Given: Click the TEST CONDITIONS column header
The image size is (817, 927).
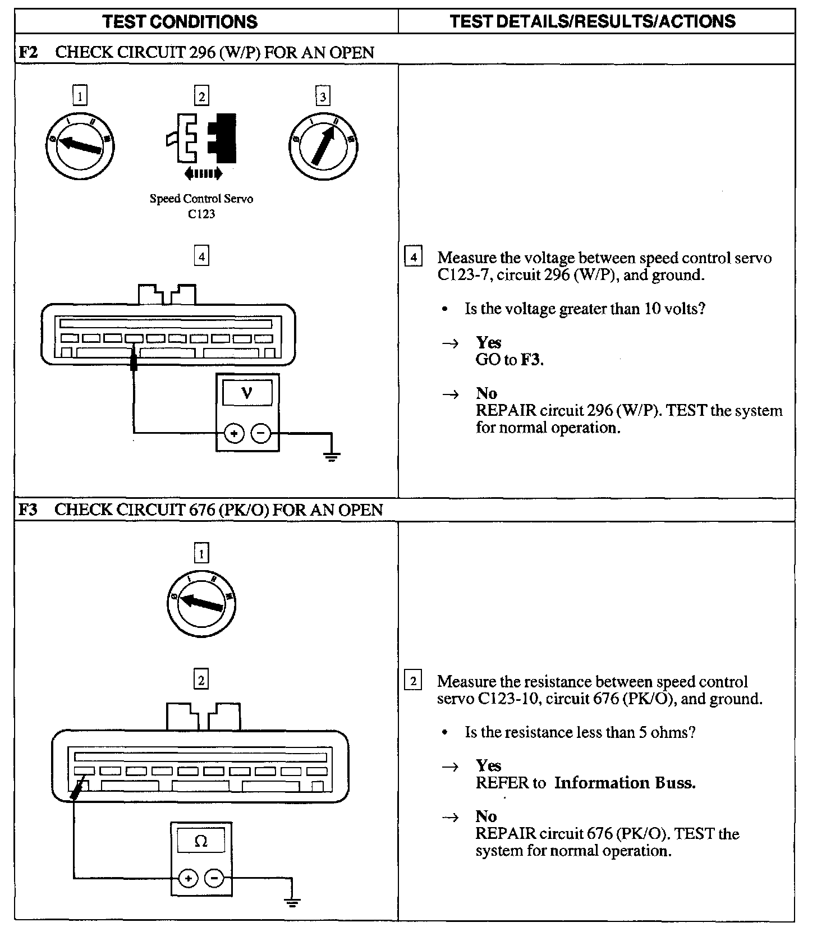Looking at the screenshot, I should [x=180, y=21].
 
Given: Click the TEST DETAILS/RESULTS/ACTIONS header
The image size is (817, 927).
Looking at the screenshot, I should [x=593, y=21].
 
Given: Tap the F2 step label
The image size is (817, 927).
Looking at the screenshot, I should [x=27, y=53].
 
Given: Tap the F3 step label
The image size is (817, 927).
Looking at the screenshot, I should [x=27, y=510].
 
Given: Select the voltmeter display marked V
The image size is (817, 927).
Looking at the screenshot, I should [x=247, y=393].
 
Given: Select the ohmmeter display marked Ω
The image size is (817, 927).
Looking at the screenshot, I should [x=201, y=841].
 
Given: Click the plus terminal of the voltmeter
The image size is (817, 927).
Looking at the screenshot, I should [x=234, y=433].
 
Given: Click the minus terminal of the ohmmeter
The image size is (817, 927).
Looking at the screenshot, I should [x=214, y=878].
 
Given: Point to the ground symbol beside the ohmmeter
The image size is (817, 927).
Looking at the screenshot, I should [x=292, y=902].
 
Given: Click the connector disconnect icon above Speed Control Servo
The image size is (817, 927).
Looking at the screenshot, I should [x=201, y=140].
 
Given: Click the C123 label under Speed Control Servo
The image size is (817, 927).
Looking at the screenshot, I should [x=201, y=214].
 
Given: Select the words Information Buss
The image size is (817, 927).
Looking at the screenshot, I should [x=625, y=783].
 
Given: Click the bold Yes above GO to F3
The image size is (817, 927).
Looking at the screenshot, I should [x=488, y=342].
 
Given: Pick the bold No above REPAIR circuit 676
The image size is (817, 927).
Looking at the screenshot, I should [x=486, y=816].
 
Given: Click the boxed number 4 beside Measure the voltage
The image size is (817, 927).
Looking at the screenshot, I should [x=414, y=258].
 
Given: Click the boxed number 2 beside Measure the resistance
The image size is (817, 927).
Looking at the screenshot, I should [x=414, y=682].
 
